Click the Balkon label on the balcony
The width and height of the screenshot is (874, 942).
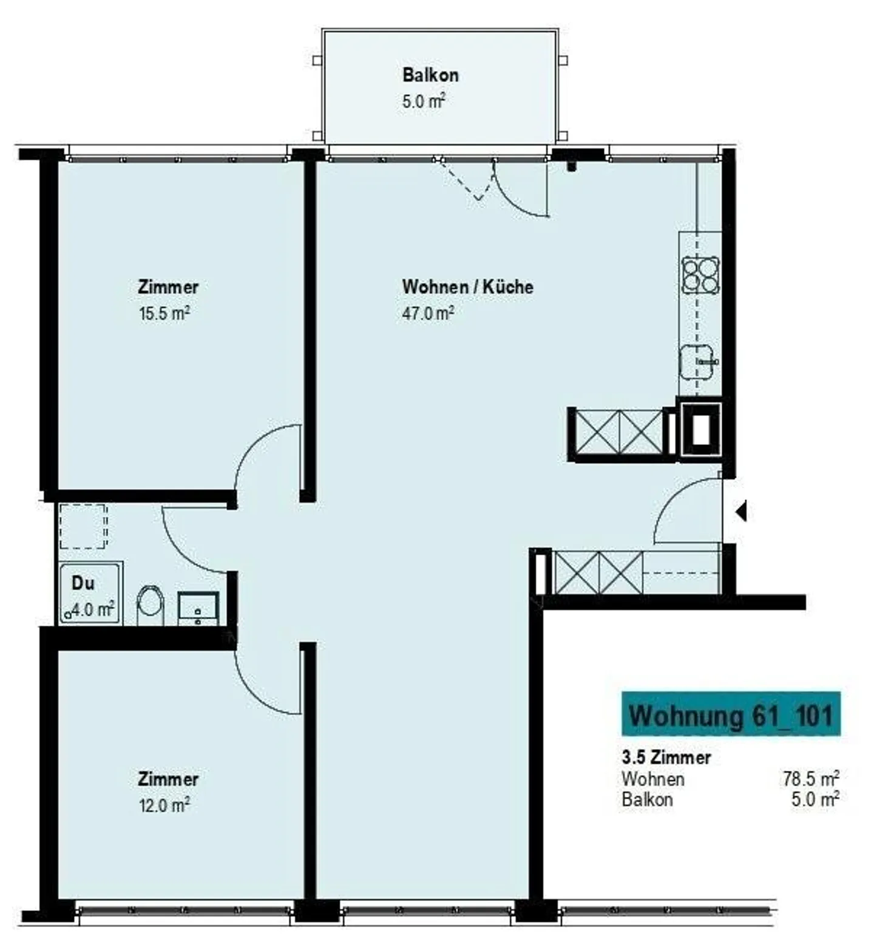pyautogui.click(x=430, y=75)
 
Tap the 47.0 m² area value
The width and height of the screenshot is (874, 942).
pyautogui.click(x=428, y=313)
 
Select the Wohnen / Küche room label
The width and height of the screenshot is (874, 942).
pyautogui.click(x=468, y=286)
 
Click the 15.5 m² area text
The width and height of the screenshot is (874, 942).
pyautogui.click(x=164, y=313)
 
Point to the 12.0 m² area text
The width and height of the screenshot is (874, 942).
pyautogui.click(x=164, y=805)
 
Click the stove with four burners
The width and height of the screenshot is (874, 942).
pyautogui.click(x=700, y=274)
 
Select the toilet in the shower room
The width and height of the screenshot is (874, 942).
pyautogui.click(x=151, y=605)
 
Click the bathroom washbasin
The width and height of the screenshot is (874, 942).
pyautogui.click(x=198, y=608)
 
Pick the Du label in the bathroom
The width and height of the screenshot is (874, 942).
pyautogui.click(x=83, y=583)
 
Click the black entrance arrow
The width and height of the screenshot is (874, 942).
pyautogui.click(x=740, y=512)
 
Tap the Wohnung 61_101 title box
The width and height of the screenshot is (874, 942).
pyautogui.click(x=731, y=714)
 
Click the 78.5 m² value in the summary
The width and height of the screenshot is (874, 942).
pyautogui.click(x=811, y=778)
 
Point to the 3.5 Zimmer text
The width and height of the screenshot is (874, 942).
pyautogui.click(x=666, y=757)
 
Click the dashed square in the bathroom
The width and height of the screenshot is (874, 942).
pyautogui.click(x=83, y=526)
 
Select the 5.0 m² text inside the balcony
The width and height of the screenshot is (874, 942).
pyautogui.click(x=424, y=101)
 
